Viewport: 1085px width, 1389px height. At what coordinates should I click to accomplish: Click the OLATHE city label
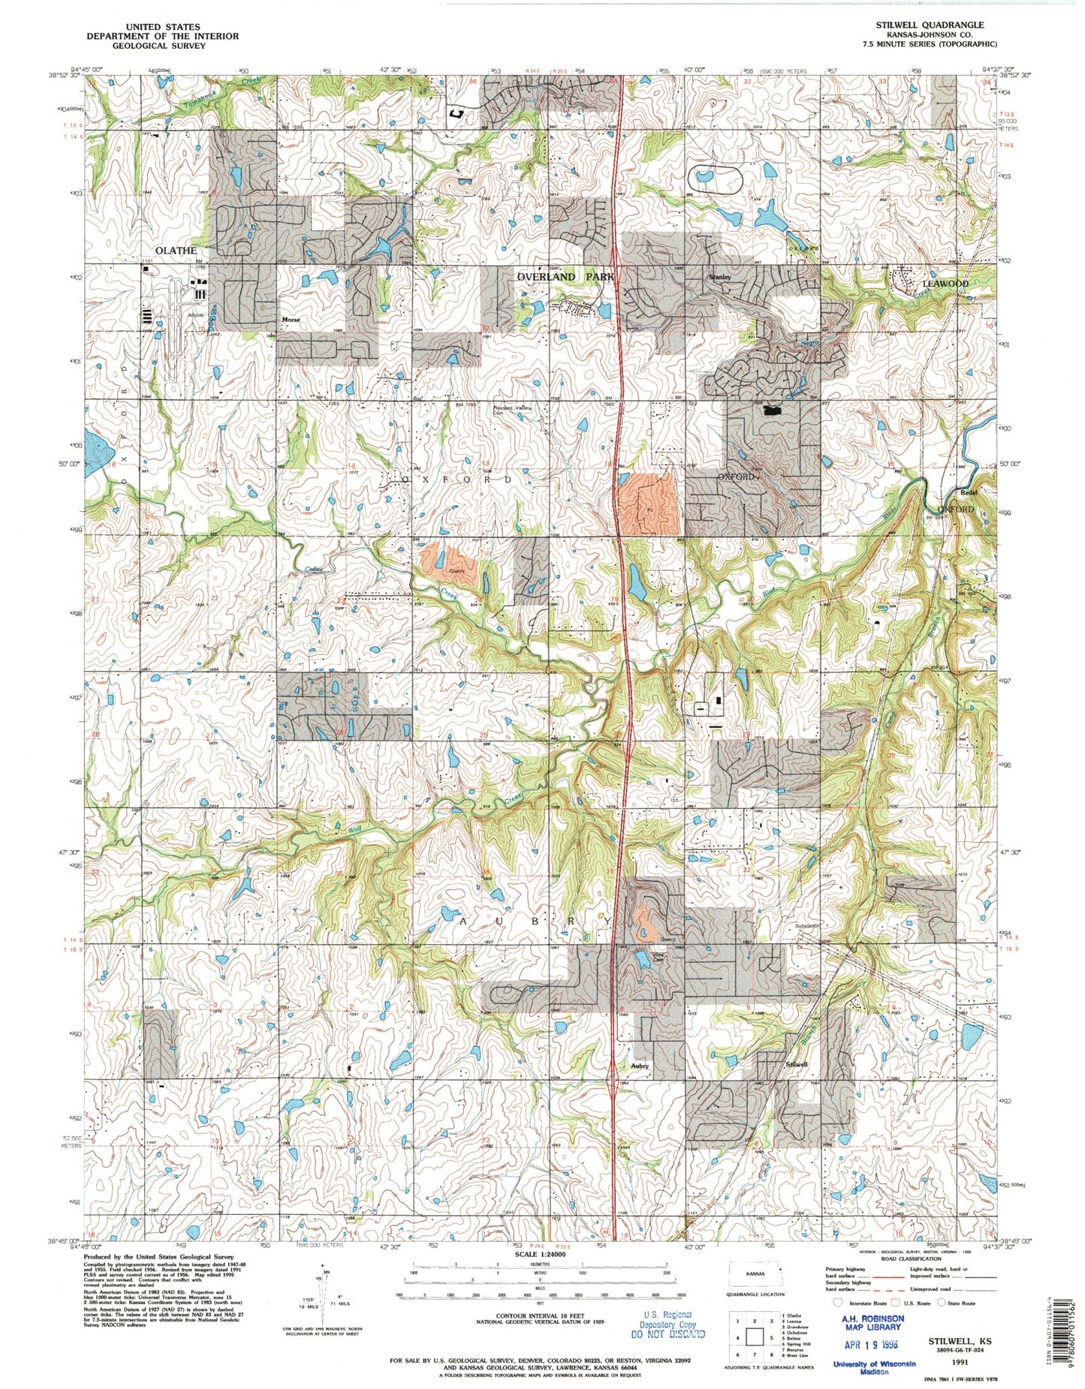(x=176, y=251)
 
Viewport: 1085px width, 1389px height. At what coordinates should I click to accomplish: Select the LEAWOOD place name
(x=945, y=284)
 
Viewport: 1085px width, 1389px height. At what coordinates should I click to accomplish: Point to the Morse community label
(x=291, y=320)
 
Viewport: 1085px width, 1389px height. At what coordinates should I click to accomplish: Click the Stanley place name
(x=719, y=277)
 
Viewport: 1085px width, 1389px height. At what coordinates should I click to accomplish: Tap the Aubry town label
(x=639, y=1066)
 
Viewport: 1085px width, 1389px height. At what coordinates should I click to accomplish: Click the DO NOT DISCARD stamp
(x=668, y=1333)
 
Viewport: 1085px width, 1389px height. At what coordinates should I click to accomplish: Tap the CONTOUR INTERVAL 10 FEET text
(x=540, y=1317)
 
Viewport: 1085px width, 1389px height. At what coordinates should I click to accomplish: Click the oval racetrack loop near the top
(x=715, y=178)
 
